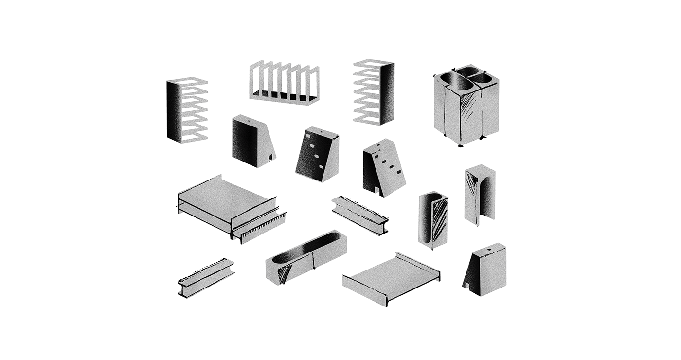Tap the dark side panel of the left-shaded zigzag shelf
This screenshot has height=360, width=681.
(x=173, y=111)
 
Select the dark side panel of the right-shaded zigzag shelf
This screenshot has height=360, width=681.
(x=388, y=94)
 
